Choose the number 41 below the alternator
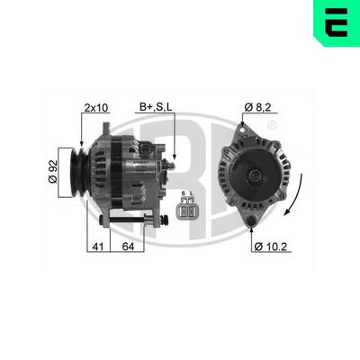pyautogui.click(x=97, y=246)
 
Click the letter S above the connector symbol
pyautogui.click(x=184, y=193)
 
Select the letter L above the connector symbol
pyautogui.click(x=194, y=193)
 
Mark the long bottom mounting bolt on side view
pyautogui.click(x=135, y=218)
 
